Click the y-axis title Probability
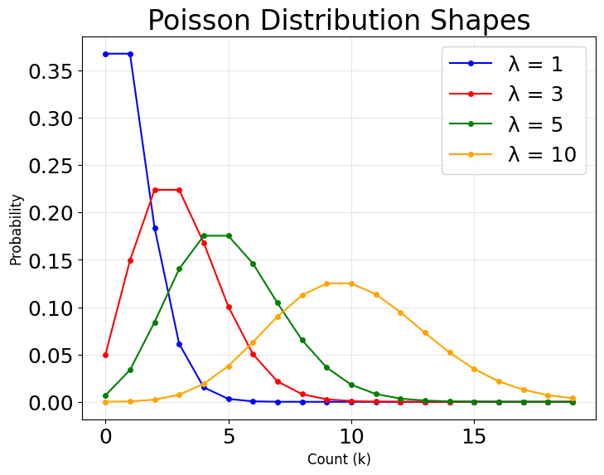coord(16,230)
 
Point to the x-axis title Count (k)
coord(339,458)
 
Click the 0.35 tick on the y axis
coord(51,71)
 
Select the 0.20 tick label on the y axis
coord(51,213)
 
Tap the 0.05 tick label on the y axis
coord(51,355)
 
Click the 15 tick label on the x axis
coord(474,435)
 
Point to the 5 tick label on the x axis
coord(229,435)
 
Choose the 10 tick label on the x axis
coord(351,435)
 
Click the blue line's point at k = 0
coord(105,54)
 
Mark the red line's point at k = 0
coord(105,355)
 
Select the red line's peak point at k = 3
coord(179,190)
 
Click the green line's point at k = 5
coord(229,235)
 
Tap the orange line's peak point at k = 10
coord(351,284)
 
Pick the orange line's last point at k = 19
coord(573,399)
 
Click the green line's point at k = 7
coord(278,303)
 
